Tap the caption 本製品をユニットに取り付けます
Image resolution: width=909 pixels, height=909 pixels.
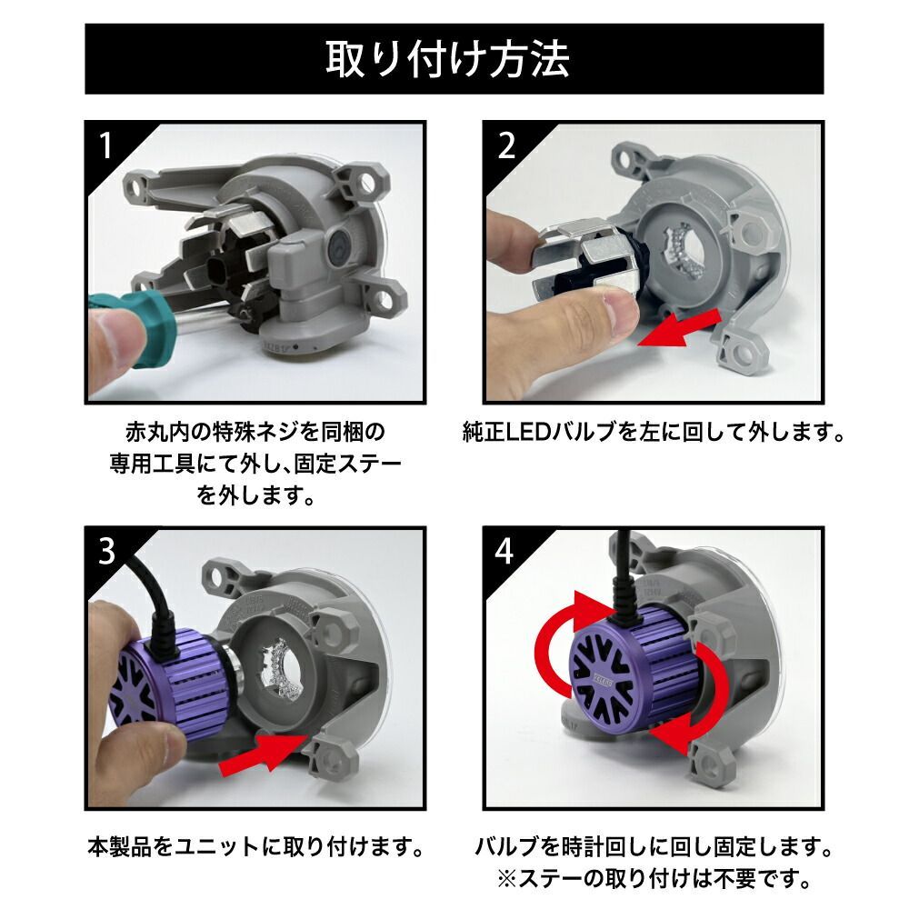[x=256, y=850]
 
